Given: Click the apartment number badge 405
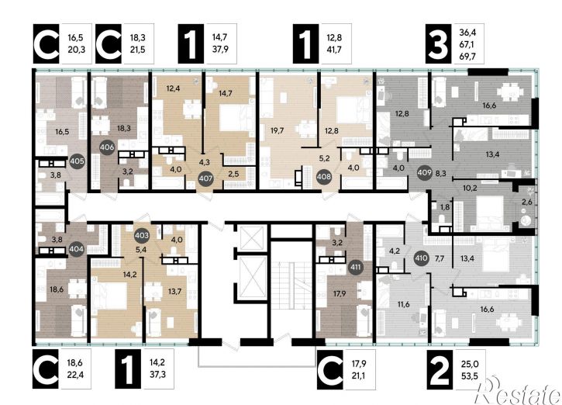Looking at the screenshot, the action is tap(77, 161).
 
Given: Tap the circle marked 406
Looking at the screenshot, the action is tap(107, 147).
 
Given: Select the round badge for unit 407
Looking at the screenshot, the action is tap(205, 178).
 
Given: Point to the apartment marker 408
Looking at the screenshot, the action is tap(324, 177).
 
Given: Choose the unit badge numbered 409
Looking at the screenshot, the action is tap(424, 172).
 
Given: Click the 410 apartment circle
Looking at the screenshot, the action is tap(421, 258).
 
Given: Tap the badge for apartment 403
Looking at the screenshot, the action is tap(142, 235).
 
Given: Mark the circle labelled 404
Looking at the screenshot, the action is tap(77, 249).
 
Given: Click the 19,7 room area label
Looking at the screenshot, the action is tap(278, 131).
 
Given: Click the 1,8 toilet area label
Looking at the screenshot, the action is tap(445, 207).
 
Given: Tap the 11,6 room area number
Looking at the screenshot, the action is tap(403, 305).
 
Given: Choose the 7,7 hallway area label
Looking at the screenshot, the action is tap(439, 258).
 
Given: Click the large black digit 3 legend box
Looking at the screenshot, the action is tap(438, 43).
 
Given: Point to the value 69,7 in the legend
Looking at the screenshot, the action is tap(467, 56).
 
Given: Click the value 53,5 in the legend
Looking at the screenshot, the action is tap(470, 376).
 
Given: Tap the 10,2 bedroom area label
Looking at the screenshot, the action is tap(470, 188).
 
